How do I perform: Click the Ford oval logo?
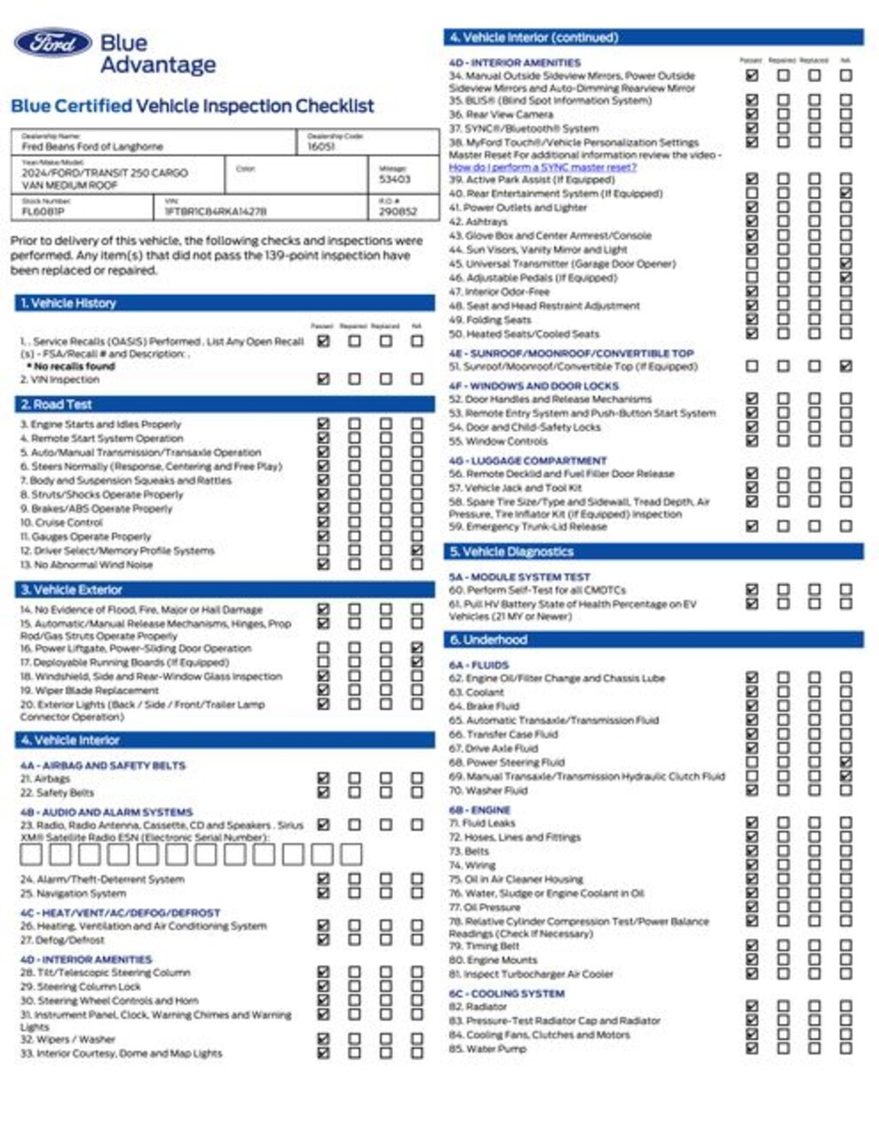pyautogui.click(x=52, y=43)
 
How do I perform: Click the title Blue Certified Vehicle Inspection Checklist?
pyautogui.click(x=192, y=106)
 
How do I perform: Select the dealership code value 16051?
pyautogui.click(x=321, y=147)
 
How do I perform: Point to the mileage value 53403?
pyautogui.click(x=395, y=179)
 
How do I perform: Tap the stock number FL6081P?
pyautogui.click(x=43, y=211)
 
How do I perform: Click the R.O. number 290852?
pyautogui.click(x=397, y=211)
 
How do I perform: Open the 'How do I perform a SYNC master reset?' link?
pyautogui.click(x=543, y=167)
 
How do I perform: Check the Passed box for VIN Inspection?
pyautogui.click(x=324, y=378)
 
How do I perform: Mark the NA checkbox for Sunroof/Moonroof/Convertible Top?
pyautogui.click(x=846, y=366)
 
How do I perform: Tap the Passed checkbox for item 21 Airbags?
pyautogui.click(x=324, y=778)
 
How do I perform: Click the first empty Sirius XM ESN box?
pyautogui.click(x=31, y=854)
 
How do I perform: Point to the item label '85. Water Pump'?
pyautogui.click(x=488, y=1048)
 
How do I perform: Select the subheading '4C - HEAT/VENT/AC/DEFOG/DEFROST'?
pyautogui.click(x=120, y=913)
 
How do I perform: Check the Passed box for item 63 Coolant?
pyautogui.click(x=752, y=692)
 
